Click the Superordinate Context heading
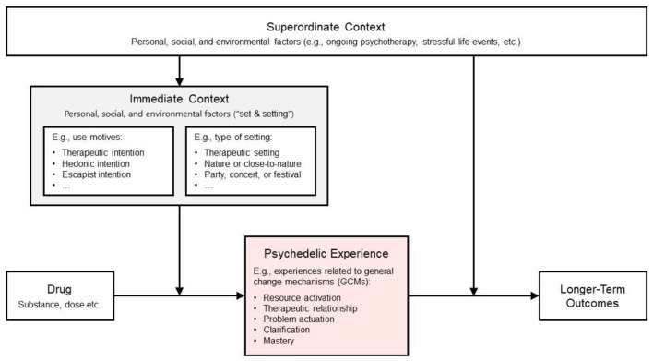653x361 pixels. pos(326,27)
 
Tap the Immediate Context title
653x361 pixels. pos(179,99)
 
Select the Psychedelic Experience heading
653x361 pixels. pos(326,254)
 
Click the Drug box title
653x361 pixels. pos(59,289)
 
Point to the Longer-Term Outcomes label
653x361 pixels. pos(592,296)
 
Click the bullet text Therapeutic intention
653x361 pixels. pos(103,152)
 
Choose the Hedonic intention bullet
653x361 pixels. pos(96,163)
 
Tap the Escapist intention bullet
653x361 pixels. pos(96,174)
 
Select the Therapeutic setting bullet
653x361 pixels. pos(242,152)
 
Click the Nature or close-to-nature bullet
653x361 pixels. pos(253,163)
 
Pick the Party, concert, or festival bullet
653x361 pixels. pos(253,174)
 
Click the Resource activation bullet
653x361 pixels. pos(302,297)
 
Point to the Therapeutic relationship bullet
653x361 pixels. pos(310,308)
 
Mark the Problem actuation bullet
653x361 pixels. pos(299,319)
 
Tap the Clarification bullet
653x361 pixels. pos(287,330)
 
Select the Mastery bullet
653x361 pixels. pos(279,341)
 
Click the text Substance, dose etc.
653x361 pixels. pos(59,305)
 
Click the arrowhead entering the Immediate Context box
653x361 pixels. pos(179,81)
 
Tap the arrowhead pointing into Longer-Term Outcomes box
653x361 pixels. pos(535,296)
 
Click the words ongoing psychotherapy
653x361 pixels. pos(372,42)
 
